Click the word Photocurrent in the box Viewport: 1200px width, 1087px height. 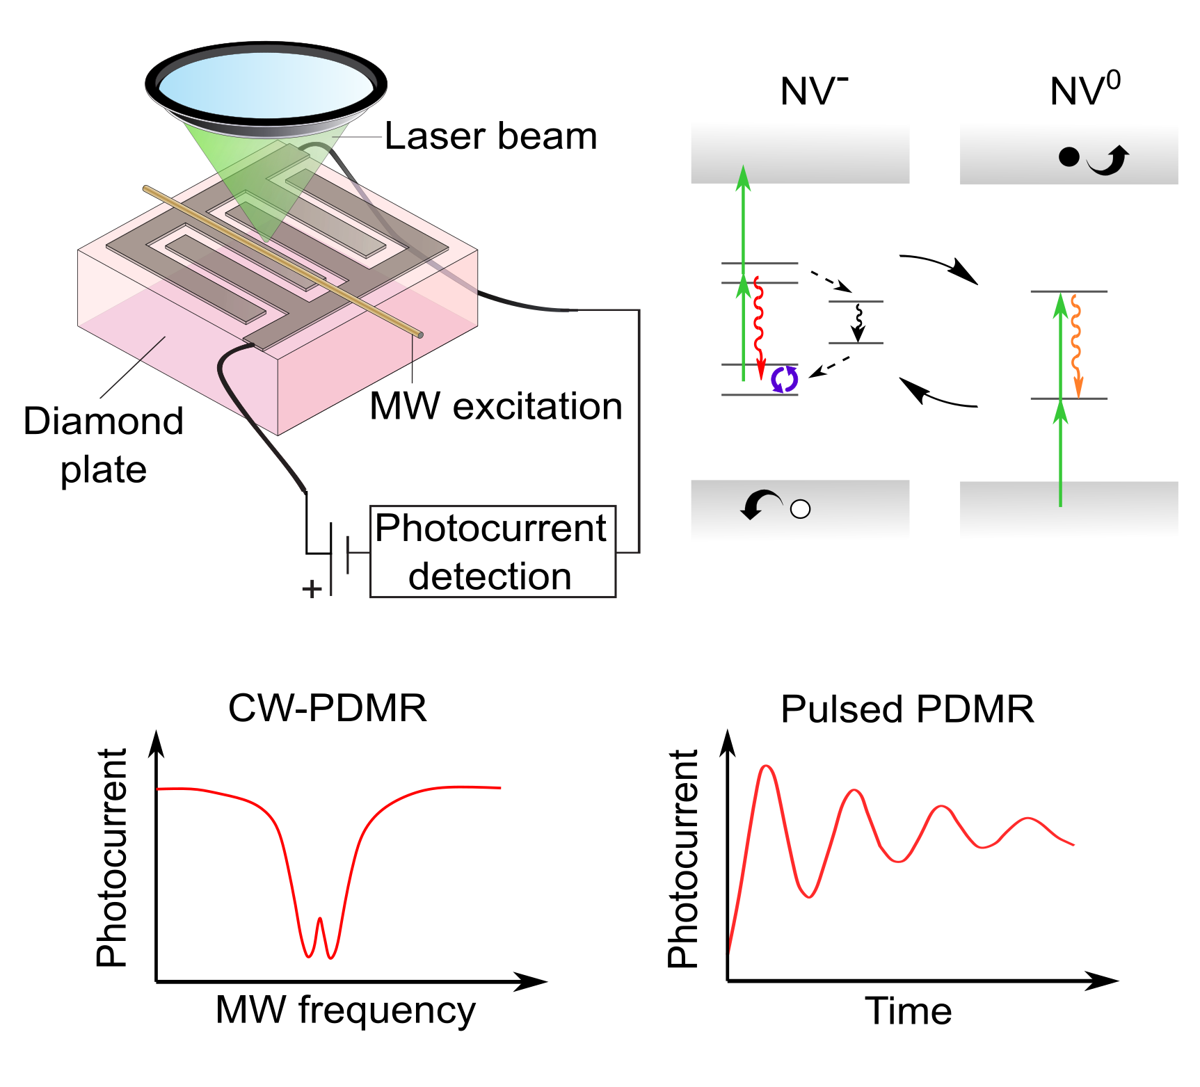tap(490, 529)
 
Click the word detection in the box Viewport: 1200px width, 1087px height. tap(490, 577)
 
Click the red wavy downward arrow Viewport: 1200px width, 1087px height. tap(759, 327)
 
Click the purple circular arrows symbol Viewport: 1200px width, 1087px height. tap(784, 380)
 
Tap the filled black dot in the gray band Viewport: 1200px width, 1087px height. tap(1069, 157)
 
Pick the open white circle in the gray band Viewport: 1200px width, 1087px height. tap(801, 510)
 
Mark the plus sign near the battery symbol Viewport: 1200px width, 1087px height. tap(312, 589)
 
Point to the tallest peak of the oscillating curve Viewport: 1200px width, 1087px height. tap(766, 768)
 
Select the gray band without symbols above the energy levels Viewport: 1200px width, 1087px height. tap(800, 152)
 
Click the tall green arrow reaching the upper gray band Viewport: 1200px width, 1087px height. tap(744, 230)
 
